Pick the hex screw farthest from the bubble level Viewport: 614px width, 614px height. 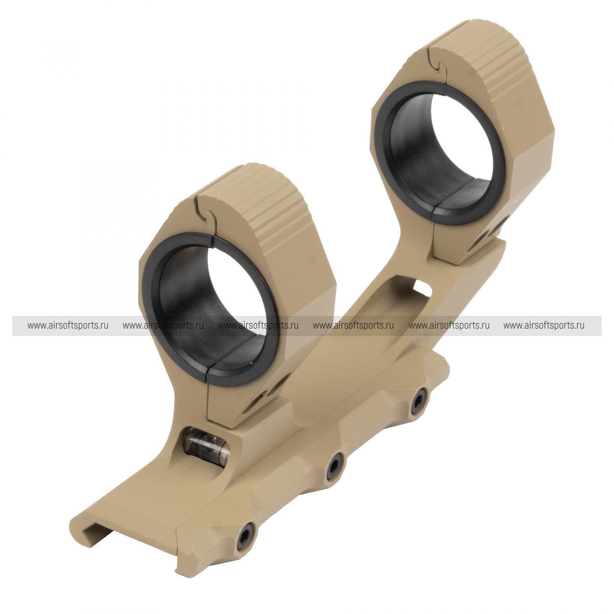click(418, 404)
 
